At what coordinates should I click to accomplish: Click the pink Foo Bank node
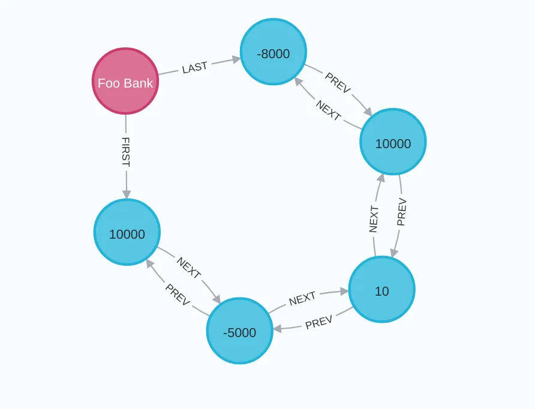click(125, 82)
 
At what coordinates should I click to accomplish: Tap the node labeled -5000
click(239, 331)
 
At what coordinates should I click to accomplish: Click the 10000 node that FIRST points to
click(127, 233)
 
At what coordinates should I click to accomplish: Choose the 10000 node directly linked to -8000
click(393, 142)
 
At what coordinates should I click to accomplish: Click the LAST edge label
click(194, 68)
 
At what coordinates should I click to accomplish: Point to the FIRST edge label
click(126, 152)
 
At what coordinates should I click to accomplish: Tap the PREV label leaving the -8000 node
click(338, 83)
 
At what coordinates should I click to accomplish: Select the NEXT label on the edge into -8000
click(328, 110)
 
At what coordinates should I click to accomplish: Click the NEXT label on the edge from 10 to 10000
click(374, 218)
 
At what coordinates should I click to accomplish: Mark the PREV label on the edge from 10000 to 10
click(402, 212)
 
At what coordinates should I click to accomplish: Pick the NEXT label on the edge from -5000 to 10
click(302, 299)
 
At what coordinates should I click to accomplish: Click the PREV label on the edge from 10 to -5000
click(318, 323)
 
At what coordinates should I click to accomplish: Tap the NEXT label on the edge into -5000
click(188, 267)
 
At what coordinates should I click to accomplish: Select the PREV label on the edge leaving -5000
click(178, 294)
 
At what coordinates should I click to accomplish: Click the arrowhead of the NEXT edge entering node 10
click(344, 291)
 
